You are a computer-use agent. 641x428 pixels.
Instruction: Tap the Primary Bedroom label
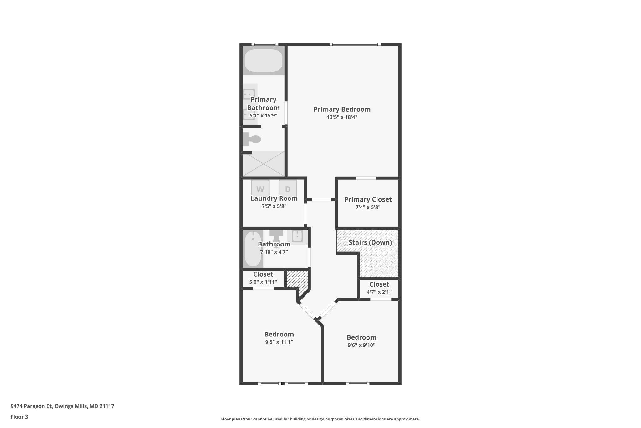click(342, 109)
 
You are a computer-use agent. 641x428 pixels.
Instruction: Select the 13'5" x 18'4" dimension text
click(342, 117)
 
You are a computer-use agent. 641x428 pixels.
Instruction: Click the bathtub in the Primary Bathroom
click(263, 61)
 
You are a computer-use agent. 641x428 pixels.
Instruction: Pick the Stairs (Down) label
click(370, 242)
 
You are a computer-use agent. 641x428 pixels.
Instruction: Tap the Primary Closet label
click(368, 199)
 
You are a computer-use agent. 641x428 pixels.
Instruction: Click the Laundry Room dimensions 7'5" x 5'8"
click(274, 206)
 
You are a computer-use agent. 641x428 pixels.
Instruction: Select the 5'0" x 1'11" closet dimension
click(263, 282)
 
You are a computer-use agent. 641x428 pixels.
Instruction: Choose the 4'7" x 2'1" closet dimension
click(379, 292)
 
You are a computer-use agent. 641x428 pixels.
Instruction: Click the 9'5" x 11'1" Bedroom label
click(279, 334)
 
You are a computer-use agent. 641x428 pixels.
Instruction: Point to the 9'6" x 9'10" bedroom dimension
click(361, 345)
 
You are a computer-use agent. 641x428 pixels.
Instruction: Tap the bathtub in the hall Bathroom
click(253, 249)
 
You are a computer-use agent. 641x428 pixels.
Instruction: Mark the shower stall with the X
click(264, 164)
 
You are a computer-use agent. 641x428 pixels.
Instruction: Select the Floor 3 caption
click(19, 417)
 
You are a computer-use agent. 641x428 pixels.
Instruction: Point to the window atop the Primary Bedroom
click(355, 45)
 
